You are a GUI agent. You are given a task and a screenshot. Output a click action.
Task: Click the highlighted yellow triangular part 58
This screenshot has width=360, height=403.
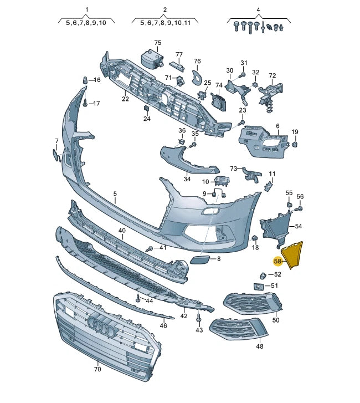pos(292,254)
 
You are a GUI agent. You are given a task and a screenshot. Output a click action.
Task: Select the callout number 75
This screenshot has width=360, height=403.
pos(158,43)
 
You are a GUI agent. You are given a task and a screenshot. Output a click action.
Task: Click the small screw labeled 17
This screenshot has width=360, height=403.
pos(85,104)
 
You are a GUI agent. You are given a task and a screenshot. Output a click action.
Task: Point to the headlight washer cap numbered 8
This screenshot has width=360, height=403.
pos(199,260)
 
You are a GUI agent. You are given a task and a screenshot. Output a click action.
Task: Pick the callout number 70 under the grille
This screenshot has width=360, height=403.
pos(97,369)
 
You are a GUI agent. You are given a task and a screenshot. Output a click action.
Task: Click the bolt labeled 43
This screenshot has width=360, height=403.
pos(198,319)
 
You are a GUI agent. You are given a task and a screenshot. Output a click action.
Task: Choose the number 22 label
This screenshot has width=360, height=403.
pos(125,99)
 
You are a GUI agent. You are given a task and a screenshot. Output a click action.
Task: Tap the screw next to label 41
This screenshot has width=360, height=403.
pos(150,248)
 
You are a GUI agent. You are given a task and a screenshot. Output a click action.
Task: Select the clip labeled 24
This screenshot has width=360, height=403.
pos(146,108)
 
